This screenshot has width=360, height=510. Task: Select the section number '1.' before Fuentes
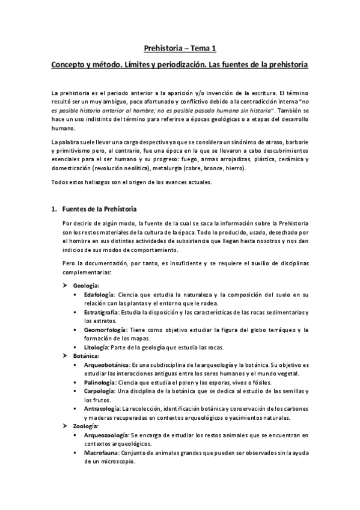(x=54, y=209)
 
